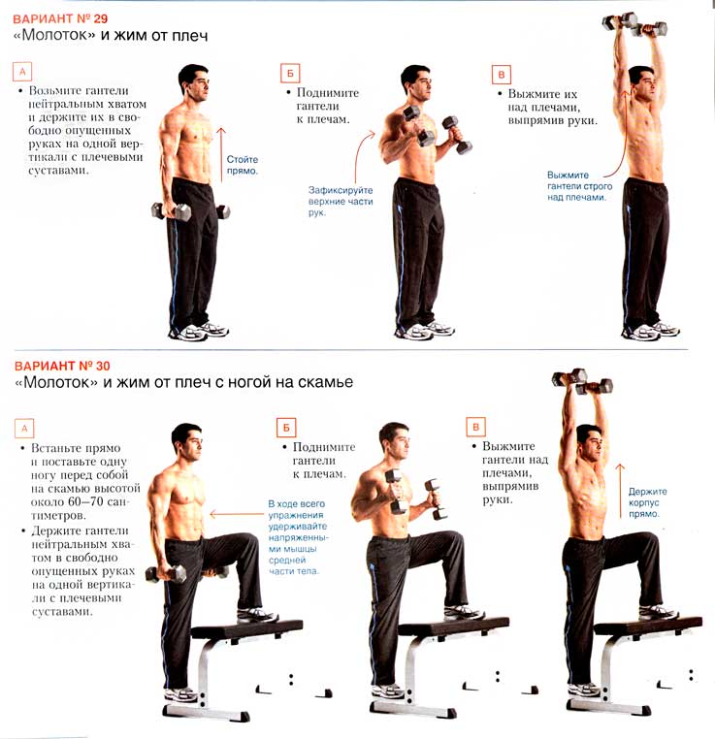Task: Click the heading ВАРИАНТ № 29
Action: click(x=60, y=18)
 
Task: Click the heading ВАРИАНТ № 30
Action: click(x=62, y=367)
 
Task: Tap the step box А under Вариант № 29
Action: click(x=22, y=72)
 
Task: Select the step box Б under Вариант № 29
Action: click(x=290, y=74)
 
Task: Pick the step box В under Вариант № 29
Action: click(x=501, y=75)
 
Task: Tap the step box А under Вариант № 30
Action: click(x=24, y=429)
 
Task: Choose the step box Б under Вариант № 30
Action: click(x=286, y=428)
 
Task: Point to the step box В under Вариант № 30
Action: click(x=475, y=427)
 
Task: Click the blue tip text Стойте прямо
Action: click(x=243, y=165)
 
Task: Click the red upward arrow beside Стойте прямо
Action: click(x=221, y=154)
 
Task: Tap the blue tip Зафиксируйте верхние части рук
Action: click(x=341, y=202)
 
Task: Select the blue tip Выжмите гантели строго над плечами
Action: click(x=580, y=186)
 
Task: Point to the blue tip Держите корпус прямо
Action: click(x=648, y=502)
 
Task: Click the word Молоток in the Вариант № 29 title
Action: click(x=54, y=35)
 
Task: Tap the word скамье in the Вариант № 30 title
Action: click(x=324, y=382)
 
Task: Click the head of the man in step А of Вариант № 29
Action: click(x=193, y=82)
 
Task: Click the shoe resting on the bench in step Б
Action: click(x=464, y=612)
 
